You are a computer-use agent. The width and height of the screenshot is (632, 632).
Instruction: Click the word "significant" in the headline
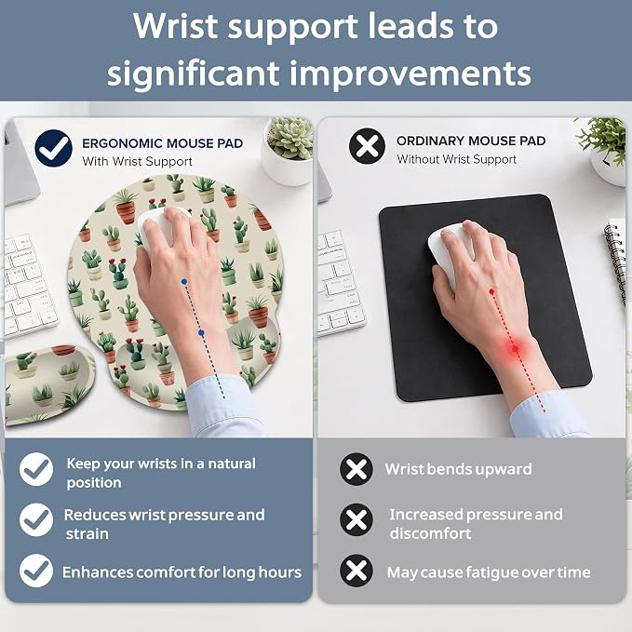[194, 74]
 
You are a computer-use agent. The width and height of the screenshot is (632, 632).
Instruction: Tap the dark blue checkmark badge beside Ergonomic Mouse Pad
[54, 148]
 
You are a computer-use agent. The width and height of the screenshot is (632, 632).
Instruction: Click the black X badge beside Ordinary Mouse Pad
[367, 146]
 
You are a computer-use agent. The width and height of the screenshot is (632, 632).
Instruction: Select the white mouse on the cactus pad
[159, 229]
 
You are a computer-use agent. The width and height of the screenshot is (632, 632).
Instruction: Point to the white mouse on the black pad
[450, 254]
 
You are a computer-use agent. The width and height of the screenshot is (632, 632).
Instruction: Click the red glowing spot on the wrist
[515, 349]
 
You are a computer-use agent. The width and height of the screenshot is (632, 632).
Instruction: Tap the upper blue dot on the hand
[184, 282]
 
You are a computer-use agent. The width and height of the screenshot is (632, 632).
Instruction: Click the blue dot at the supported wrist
[201, 333]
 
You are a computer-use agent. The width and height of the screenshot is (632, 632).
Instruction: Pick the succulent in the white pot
[290, 137]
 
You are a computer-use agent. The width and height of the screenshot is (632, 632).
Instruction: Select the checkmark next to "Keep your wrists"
[36, 469]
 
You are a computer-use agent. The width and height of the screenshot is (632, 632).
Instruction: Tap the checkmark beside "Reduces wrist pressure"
[36, 519]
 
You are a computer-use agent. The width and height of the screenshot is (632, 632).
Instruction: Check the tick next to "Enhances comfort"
[36, 571]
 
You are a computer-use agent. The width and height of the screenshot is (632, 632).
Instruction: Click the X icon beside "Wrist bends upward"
[356, 469]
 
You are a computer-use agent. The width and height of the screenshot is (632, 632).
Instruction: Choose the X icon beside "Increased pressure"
[356, 520]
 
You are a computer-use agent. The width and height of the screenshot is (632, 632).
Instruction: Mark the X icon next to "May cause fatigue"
[356, 571]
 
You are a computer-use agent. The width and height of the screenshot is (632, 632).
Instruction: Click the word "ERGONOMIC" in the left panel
[122, 143]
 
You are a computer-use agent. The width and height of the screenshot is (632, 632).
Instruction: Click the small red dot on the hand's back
[491, 291]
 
